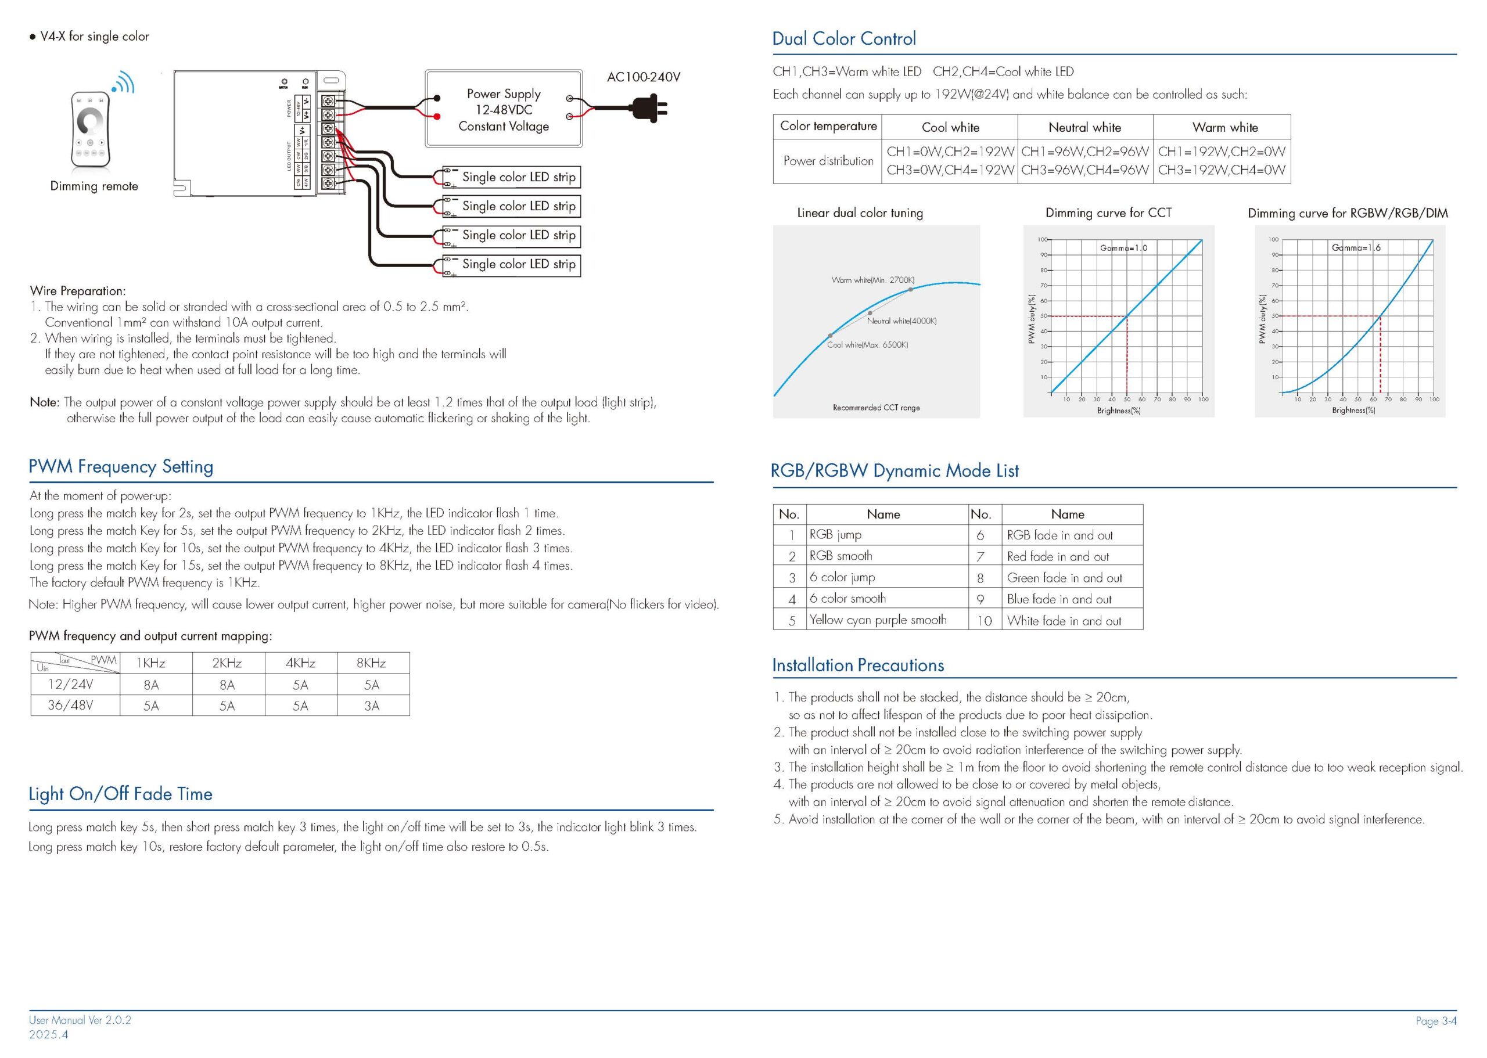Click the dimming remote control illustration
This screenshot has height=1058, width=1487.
click(91, 129)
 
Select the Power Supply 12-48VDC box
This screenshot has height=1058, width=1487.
click(503, 109)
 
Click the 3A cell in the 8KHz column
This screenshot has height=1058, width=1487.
click(371, 706)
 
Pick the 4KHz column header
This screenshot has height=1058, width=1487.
click(300, 663)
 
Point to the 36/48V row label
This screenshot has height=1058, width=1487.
click(70, 705)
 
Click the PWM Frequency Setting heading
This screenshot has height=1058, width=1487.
click(121, 466)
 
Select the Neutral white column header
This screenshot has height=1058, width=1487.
click(1084, 128)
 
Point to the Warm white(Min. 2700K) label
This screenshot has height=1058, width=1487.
click(872, 279)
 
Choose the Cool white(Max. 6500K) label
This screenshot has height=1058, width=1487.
click(867, 344)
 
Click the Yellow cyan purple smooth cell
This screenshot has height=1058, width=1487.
click(878, 620)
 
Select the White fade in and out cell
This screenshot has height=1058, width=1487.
click(1064, 621)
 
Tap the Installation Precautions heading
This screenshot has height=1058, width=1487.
click(857, 665)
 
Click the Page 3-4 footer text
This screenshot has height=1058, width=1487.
click(1435, 1021)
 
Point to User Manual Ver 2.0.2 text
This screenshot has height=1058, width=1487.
click(80, 1020)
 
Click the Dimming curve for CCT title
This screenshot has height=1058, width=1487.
click(1108, 213)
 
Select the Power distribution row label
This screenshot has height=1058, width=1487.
click(828, 161)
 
